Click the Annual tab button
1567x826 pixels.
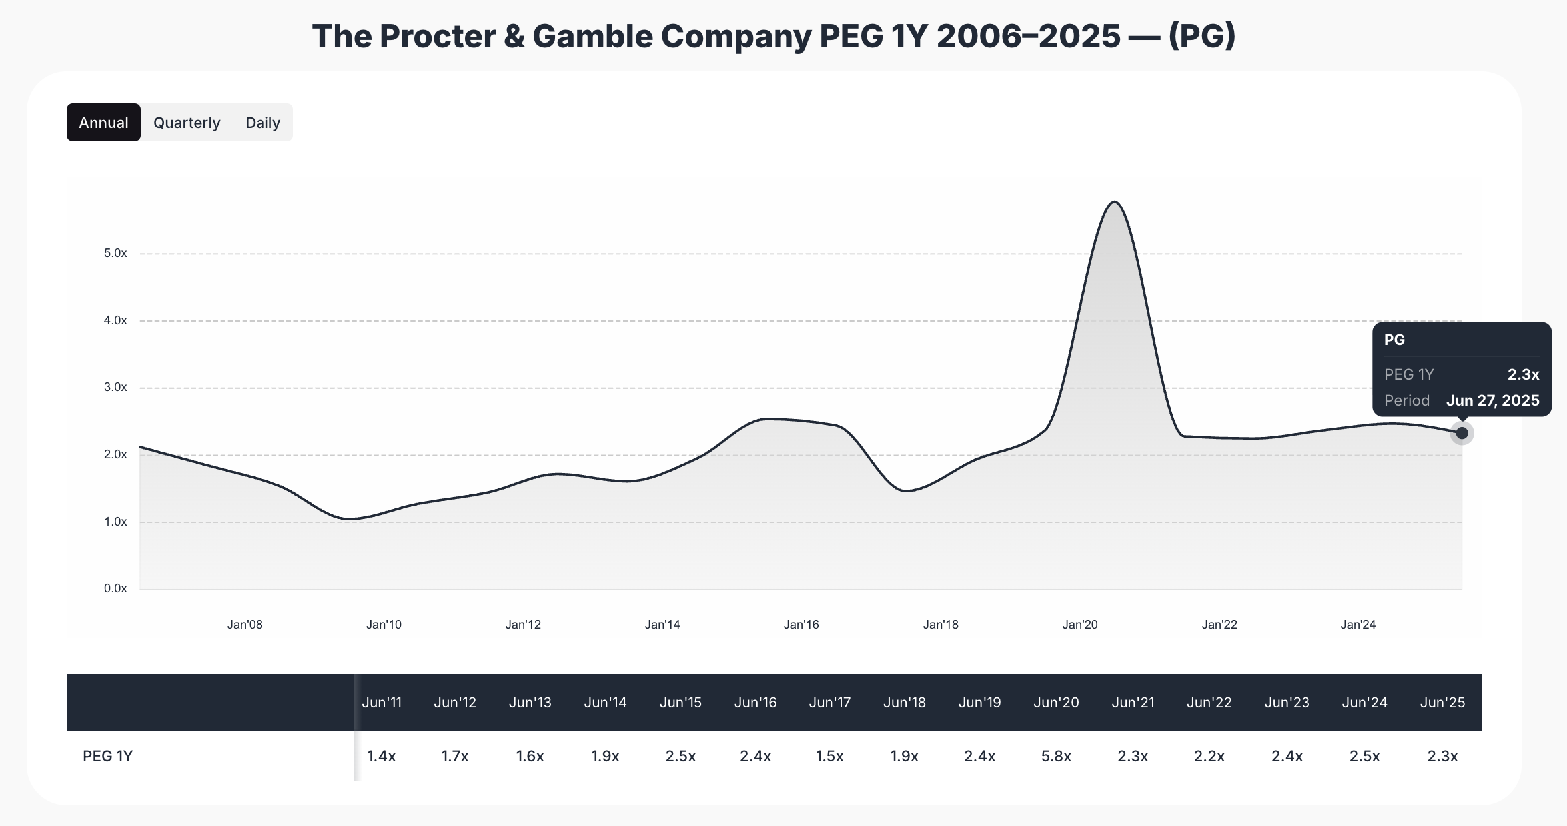[103, 123]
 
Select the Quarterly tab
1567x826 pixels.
[187, 123]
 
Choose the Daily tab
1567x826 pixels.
[262, 123]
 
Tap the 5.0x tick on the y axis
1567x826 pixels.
[115, 253]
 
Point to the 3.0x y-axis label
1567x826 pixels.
[115, 387]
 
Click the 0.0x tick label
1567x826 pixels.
[115, 588]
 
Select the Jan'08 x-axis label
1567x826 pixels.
[245, 625]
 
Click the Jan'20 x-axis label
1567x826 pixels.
[1080, 625]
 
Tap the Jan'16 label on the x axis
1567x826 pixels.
[801, 625]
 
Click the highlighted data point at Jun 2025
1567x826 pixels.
[1462, 433]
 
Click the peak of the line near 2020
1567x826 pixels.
[1115, 202]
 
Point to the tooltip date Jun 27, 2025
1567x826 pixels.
[1492, 400]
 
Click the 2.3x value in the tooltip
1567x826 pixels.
[1523, 374]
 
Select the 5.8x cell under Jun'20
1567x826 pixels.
[1056, 756]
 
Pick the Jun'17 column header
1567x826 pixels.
[829, 703]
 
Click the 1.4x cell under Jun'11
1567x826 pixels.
[381, 756]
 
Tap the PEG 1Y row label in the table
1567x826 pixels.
[107, 756]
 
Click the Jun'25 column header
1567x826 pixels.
[1442, 703]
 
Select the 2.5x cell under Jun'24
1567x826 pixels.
[1364, 756]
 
